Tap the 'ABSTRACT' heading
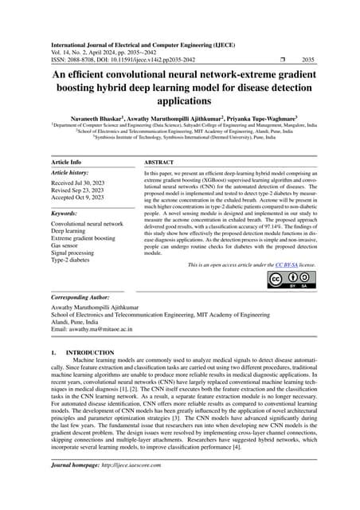click(161, 161)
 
